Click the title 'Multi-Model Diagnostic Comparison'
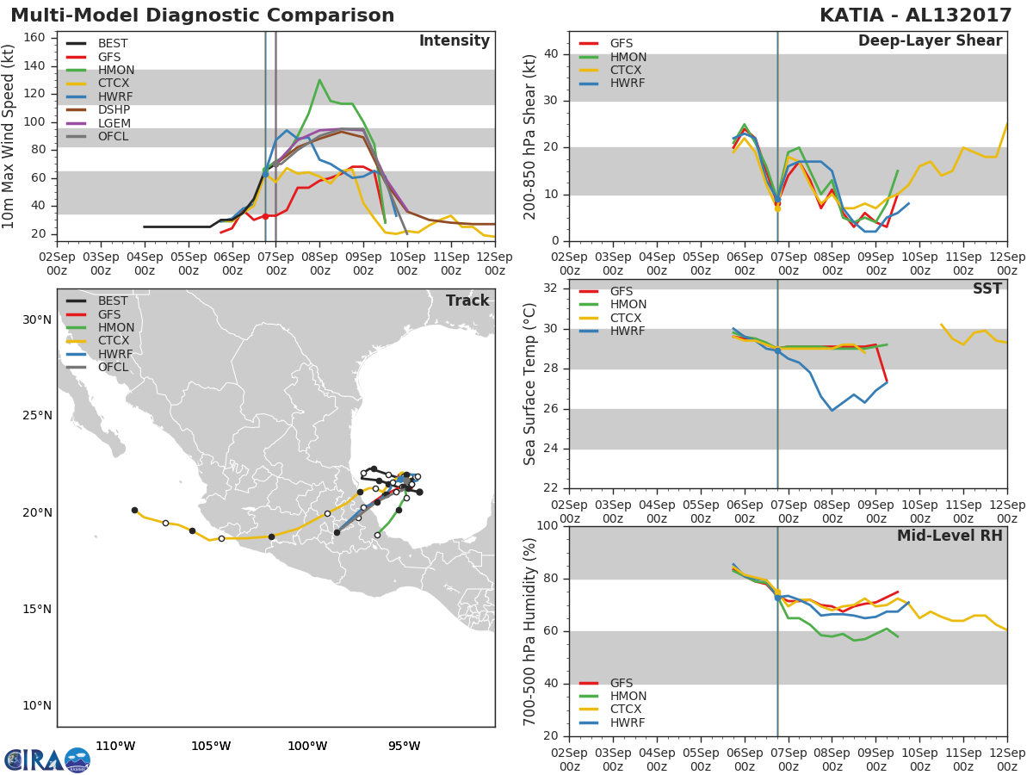[x=202, y=15]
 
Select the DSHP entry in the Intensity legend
[x=114, y=109]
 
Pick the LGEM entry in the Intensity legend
[x=114, y=123]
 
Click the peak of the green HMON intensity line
[x=319, y=80]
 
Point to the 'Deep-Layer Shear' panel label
[x=930, y=41]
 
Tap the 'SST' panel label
[x=987, y=289]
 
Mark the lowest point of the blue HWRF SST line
[x=832, y=410]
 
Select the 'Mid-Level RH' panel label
[x=949, y=536]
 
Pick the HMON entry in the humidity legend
[x=628, y=696]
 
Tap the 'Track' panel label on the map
[x=467, y=301]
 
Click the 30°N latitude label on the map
[x=36, y=319]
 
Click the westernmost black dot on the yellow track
[x=134, y=510]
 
